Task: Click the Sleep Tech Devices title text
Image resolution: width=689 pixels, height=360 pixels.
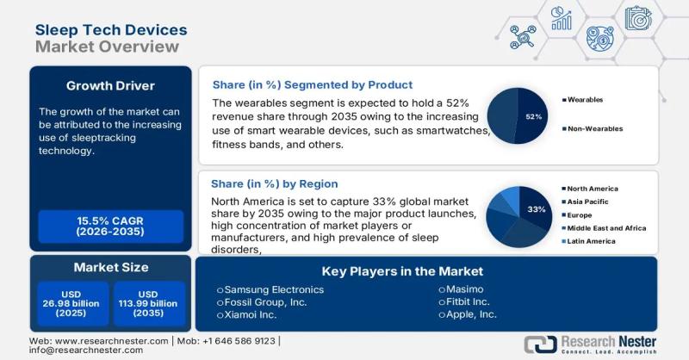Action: [x=110, y=28]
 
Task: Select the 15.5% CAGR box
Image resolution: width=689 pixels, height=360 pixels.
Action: [x=110, y=226]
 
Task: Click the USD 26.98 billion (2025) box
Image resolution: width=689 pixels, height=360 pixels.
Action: [x=71, y=302]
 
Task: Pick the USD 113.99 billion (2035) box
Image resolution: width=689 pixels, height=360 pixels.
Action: [x=149, y=302]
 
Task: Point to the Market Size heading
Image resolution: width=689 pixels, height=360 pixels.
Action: [x=110, y=267]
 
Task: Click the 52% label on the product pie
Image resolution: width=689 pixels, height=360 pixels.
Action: [x=533, y=116]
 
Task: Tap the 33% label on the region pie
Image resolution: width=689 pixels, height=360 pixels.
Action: [x=537, y=208]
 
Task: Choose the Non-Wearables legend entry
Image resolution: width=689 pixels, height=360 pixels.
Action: [x=595, y=128]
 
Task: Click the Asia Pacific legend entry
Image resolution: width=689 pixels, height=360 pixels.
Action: [x=590, y=202]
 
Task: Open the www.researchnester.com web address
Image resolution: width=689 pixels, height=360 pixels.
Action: [x=104, y=341]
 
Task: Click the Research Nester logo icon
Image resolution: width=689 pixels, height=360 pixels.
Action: [x=540, y=344]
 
